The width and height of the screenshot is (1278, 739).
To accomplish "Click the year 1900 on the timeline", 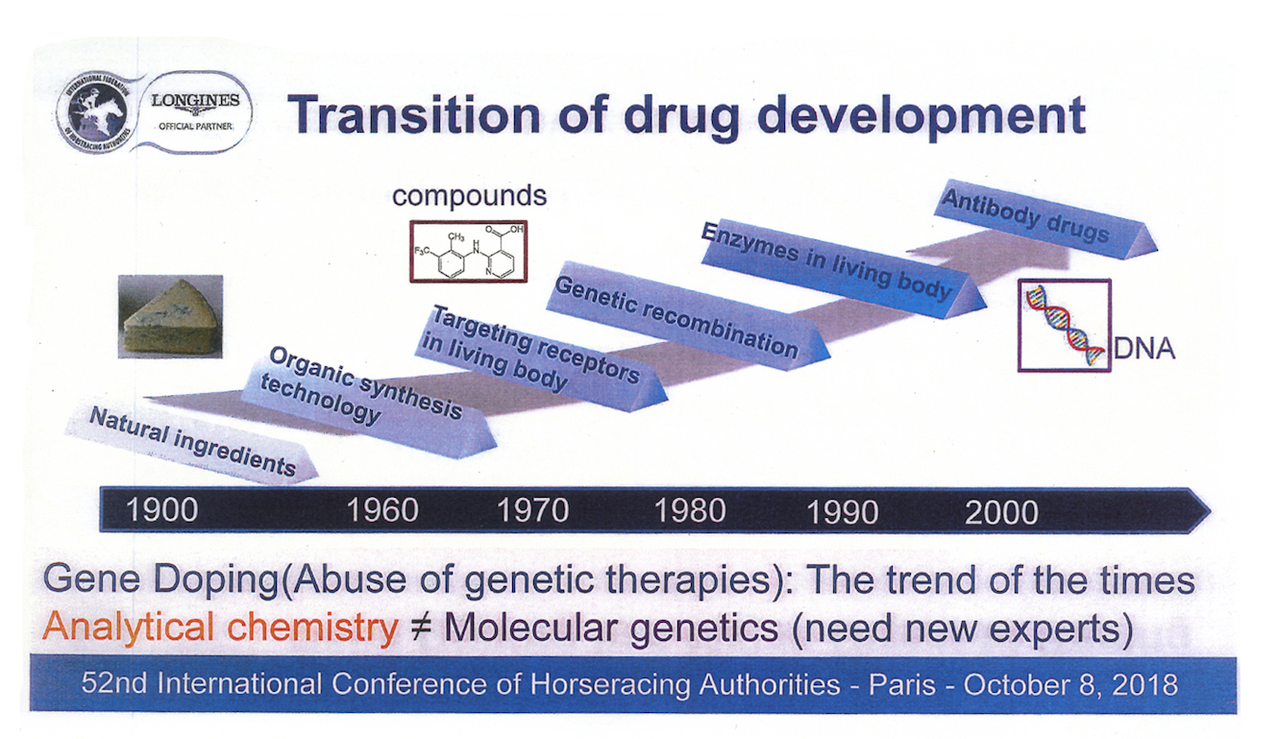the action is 161,510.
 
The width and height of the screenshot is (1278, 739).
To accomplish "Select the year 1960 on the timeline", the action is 382,510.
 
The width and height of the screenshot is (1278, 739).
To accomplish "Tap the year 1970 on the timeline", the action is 533,510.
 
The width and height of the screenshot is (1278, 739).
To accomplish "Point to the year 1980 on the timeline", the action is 690,510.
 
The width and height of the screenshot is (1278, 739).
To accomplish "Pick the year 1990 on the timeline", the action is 842,511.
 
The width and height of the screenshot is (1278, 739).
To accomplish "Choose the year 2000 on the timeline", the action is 1001,512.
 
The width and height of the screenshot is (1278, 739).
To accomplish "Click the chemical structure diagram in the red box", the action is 468,251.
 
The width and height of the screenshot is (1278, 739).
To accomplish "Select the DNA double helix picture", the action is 1065,325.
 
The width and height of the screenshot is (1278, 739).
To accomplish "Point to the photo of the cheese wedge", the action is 170,317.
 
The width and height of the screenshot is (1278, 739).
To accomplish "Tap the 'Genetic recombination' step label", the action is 676,317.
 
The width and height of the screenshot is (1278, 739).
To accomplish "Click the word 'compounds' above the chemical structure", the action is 470,196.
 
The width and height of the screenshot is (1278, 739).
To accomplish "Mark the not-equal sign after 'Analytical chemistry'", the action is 420,628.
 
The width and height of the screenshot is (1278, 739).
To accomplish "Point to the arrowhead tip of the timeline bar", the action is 1210,510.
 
